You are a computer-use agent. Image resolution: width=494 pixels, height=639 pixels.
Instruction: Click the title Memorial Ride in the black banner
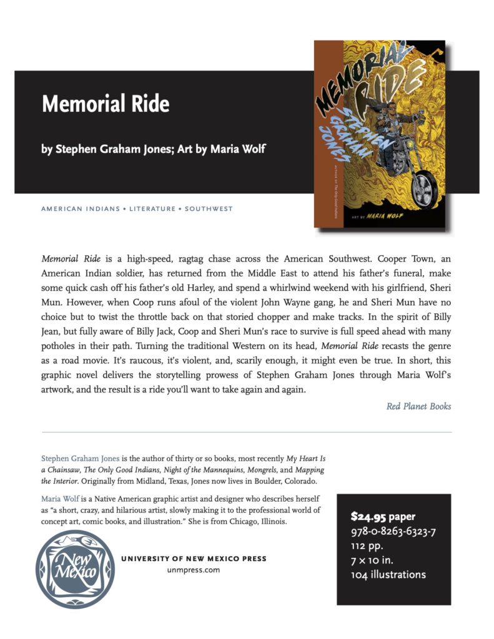[x=106, y=103]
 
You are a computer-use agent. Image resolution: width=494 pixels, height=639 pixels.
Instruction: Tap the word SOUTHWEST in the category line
[x=209, y=208]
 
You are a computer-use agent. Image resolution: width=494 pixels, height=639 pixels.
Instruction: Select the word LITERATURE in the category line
[x=152, y=208]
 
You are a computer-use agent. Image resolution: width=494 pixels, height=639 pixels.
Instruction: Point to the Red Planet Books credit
[x=418, y=406]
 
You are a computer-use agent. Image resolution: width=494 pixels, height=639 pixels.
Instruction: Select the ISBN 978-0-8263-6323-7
[x=393, y=532]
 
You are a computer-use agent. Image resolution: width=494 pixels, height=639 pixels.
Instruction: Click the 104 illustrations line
[x=388, y=575]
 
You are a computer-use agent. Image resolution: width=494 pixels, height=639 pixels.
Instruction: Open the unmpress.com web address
[x=194, y=570]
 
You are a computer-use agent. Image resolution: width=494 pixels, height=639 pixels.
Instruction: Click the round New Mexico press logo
[x=76, y=568]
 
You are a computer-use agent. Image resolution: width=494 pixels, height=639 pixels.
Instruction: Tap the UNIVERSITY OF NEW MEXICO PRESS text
[x=194, y=559]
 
